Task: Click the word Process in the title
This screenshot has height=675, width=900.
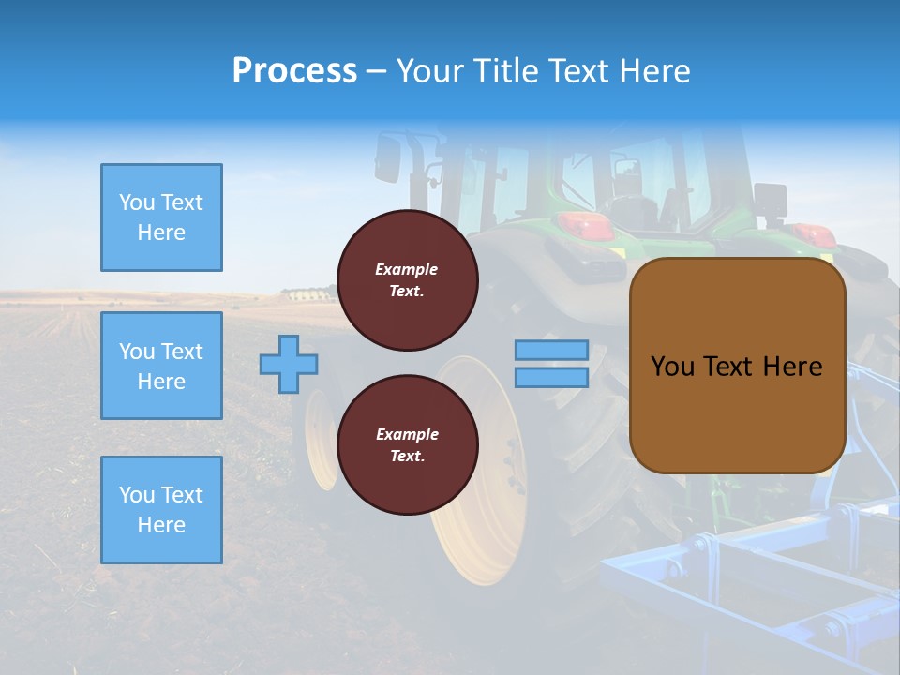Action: (x=294, y=71)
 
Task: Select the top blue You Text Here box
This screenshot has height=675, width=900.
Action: (x=161, y=217)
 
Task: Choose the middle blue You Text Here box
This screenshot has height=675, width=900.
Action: (x=161, y=366)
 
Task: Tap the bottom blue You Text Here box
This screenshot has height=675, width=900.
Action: (x=161, y=510)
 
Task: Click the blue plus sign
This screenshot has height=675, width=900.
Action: (x=289, y=364)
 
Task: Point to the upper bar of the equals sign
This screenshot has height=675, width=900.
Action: (x=551, y=350)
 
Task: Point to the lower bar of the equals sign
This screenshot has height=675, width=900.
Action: (x=551, y=377)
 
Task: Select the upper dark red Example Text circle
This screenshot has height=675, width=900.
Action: (x=407, y=280)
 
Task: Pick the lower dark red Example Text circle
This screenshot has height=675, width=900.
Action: (x=407, y=445)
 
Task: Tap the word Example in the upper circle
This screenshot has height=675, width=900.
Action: (x=407, y=269)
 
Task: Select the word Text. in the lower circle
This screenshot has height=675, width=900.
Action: (x=407, y=457)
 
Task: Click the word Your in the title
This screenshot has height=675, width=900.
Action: (x=432, y=71)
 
